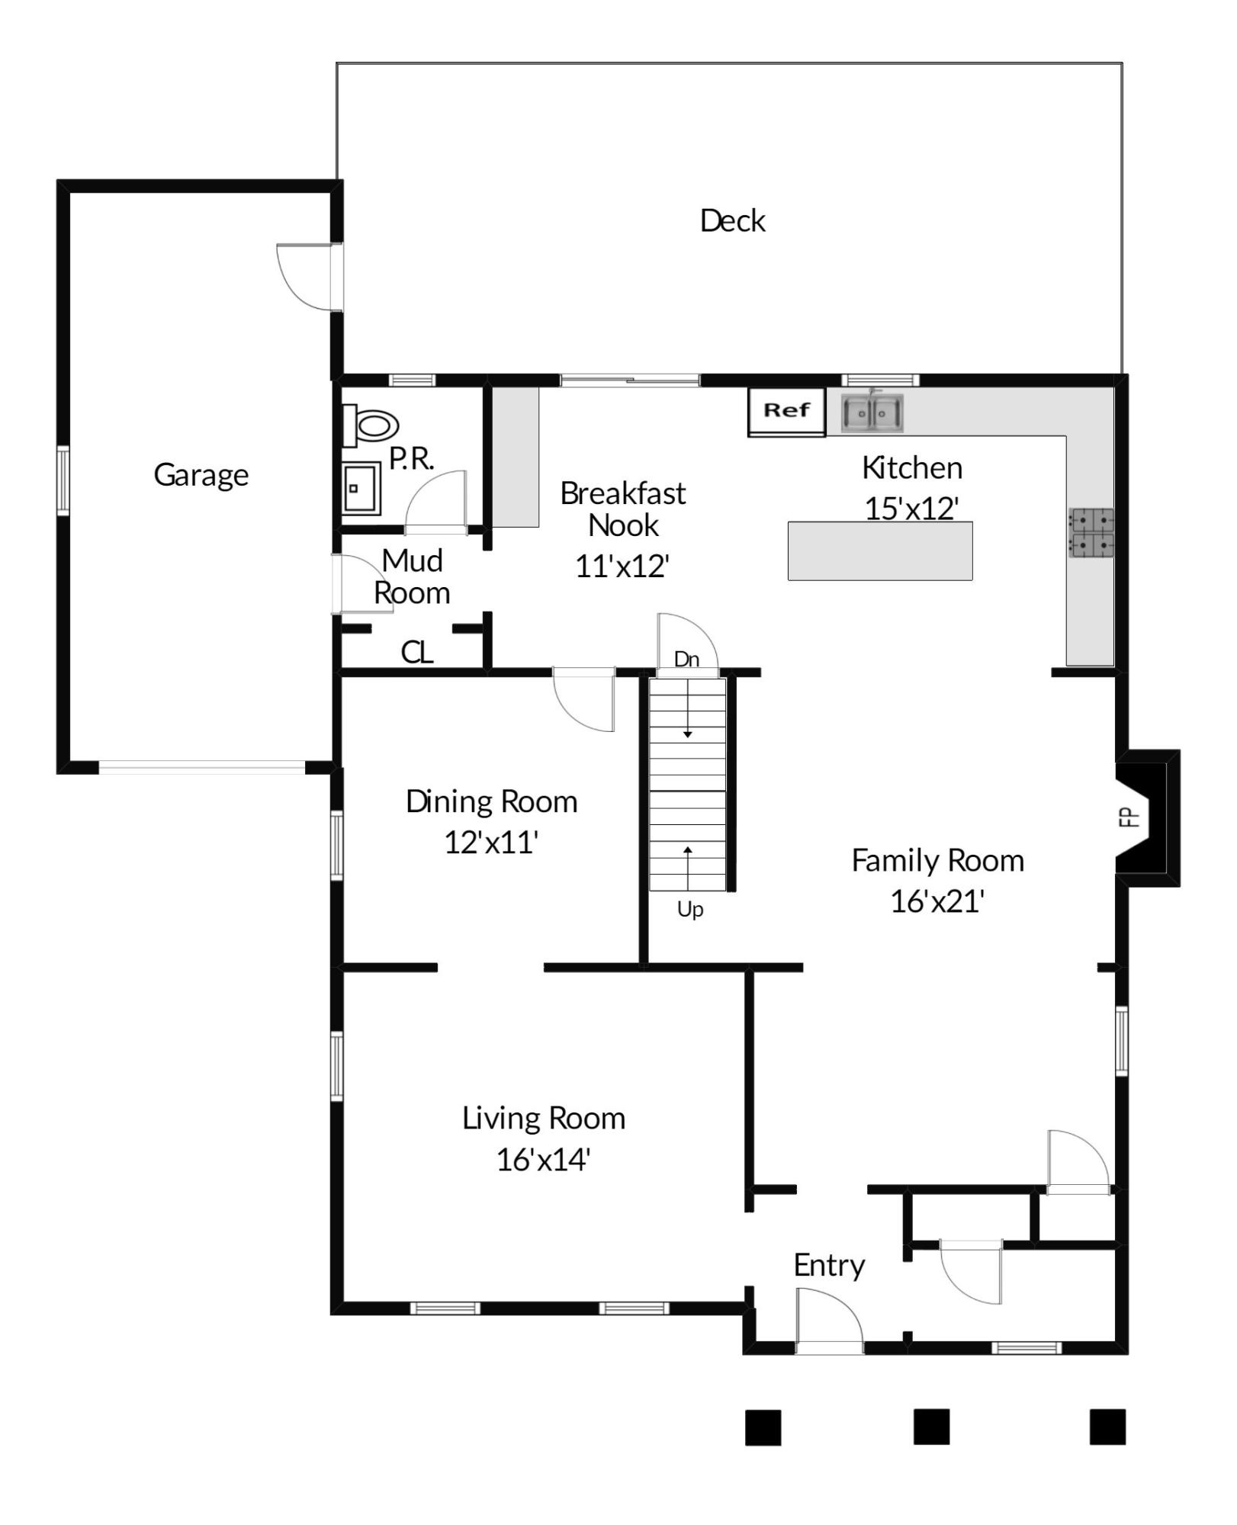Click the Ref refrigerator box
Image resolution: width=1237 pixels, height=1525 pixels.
(786, 413)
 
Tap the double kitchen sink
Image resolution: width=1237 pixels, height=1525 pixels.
(872, 413)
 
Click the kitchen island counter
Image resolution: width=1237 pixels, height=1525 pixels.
(880, 551)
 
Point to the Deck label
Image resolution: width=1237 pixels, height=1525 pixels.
(732, 221)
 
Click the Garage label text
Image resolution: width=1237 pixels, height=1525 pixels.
(201, 476)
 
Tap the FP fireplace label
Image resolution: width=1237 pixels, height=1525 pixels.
(1129, 817)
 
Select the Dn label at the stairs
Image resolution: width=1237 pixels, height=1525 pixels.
(687, 660)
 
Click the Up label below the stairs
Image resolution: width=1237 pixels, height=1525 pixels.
(690, 910)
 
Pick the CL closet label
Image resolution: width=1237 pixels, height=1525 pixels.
(417, 653)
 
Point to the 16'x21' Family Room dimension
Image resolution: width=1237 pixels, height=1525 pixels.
(937, 901)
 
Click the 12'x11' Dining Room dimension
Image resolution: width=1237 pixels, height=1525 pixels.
(491, 843)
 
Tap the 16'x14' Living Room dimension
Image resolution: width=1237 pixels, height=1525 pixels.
(543, 1160)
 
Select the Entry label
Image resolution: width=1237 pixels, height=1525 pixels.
(829, 1267)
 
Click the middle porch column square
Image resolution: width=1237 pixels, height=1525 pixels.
(931, 1427)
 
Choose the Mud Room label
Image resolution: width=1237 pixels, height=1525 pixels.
(412, 577)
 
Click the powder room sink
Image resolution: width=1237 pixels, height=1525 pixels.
(361, 489)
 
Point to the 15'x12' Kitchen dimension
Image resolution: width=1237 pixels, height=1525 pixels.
(911, 509)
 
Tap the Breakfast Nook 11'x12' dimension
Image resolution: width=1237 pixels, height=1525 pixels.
(622, 567)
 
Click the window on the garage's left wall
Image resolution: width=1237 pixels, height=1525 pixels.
(63, 480)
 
